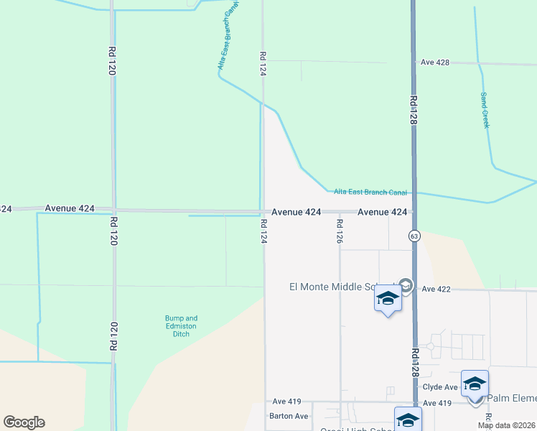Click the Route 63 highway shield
(x=414, y=235)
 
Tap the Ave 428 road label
(x=435, y=62)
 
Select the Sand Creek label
(x=485, y=111)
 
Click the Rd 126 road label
(x=339, y=231)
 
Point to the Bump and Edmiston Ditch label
(x=181, y=325)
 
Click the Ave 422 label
(x=436, y=289)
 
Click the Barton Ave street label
(x=289, y=416)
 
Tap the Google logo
(x=24, y=422)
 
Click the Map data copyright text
(x=506, y=425)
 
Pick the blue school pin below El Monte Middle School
(x=388, y=298)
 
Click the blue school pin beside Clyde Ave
(x=475, y=384)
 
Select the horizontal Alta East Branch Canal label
(x=370, y=193)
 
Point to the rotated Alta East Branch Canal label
(x=228, y=37)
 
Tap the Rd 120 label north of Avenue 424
(x=112, y=60)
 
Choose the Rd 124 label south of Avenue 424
(x=263, y=231)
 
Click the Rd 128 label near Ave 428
(x=414, y=111)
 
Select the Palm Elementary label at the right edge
(x=512, y=398)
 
